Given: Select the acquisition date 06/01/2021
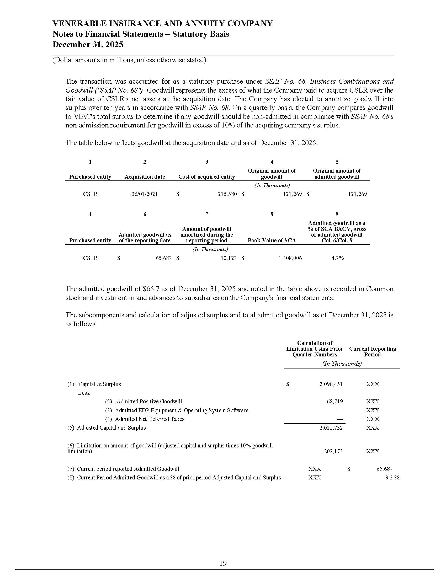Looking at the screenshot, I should click(x=145, y=194).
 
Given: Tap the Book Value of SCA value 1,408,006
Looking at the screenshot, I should click(x=290, y=258).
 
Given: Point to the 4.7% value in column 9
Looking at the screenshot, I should click(x=337, y=258).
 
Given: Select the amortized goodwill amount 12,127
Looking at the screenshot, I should click(x=229, y=258).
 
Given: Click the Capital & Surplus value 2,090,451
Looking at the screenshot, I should click(x=331, y=384).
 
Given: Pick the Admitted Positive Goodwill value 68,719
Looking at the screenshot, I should click(x=334, y=402).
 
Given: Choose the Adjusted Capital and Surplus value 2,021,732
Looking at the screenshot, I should click(x=331, y=428).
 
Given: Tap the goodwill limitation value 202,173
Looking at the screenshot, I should click(x=333, y=451).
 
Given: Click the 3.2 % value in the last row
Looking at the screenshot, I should click(x=392, y=478).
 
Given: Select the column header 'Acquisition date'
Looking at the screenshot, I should click(x=145, y=177).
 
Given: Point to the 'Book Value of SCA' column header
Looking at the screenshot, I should click(x=272, y=241).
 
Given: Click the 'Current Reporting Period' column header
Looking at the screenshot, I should click(x=373, y=352).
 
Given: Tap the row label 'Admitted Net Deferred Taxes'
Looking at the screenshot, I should click(x=150, y=419).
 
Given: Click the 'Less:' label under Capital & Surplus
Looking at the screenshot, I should click(x=84, y=393).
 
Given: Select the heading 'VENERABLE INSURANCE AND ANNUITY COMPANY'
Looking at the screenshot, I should click(x=162, y=24).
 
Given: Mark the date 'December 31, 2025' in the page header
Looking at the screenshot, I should click(x=88, y=44).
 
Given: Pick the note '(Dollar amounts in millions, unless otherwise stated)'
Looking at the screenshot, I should click(x=129, y=60).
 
